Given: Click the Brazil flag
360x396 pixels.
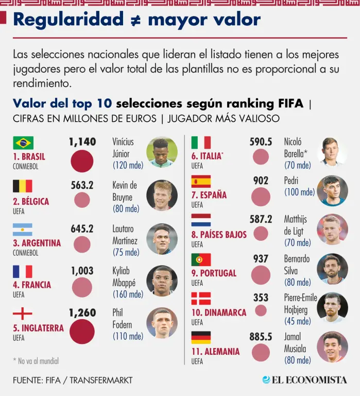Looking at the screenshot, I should coord(23,143).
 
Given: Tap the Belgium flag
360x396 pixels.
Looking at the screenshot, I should coord(23,186).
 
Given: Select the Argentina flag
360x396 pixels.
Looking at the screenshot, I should coord(23,229).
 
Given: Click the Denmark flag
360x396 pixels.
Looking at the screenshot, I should coord(201,299).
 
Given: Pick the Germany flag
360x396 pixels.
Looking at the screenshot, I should coord(201,338).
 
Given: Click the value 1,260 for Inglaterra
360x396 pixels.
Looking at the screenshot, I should coord(82,313).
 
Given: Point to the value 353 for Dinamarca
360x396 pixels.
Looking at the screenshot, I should coord(261,298).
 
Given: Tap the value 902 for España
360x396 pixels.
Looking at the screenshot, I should coord(261,181).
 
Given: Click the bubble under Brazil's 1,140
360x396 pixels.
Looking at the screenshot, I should coord(82,161).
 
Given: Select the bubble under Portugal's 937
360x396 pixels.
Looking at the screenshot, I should coord(261,275).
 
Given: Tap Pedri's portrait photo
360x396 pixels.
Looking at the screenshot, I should coord(332,191).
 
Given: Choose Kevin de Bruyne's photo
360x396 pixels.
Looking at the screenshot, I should coord(162,195).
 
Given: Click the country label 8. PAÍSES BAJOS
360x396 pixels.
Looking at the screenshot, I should coord(219,235).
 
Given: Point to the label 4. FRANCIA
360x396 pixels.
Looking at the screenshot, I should coord(32,285).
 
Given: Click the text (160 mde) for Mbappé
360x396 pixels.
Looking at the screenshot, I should coord(128,294).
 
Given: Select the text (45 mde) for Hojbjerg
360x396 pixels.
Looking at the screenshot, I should coord(298,321).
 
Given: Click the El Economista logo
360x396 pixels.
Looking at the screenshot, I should coord(304,380).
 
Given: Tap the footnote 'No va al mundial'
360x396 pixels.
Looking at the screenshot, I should coord(36,361).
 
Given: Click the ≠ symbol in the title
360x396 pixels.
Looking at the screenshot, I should coord(135,20).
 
